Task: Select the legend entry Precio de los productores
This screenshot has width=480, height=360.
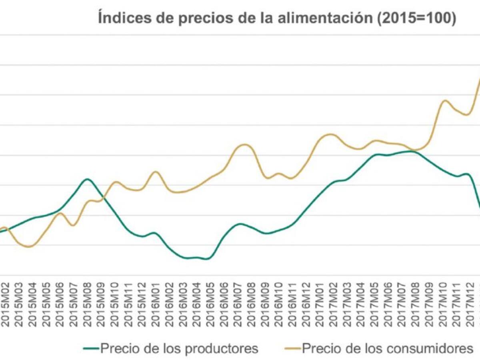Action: tap(179, 348)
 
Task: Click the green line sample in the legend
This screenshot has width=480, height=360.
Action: tap(91, 349)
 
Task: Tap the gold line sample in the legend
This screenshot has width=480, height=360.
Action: tap(292, 349)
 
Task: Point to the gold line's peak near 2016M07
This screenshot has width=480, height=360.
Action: tap(244, 145)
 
